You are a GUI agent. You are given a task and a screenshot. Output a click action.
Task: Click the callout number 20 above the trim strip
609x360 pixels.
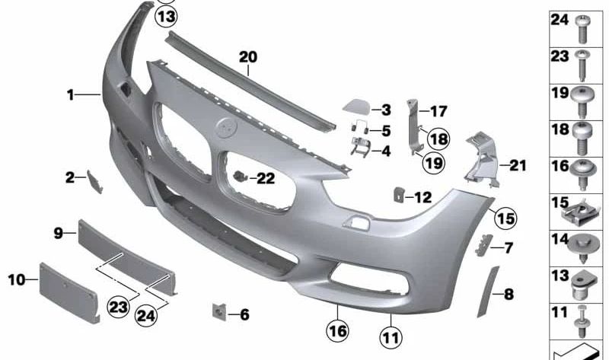pos(248,56)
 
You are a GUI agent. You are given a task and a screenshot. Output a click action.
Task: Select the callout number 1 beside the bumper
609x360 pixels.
pos(70,96)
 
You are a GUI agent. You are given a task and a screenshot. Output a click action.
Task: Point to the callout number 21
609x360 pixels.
pos(518,164)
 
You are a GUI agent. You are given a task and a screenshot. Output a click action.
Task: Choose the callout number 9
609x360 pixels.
pos(58,233)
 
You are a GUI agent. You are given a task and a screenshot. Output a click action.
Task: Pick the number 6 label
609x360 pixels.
pos(244,314)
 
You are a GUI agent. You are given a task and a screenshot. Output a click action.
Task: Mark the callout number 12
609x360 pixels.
pos(422,198)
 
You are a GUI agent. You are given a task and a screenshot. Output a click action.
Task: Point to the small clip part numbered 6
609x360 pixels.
pos(217,311)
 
